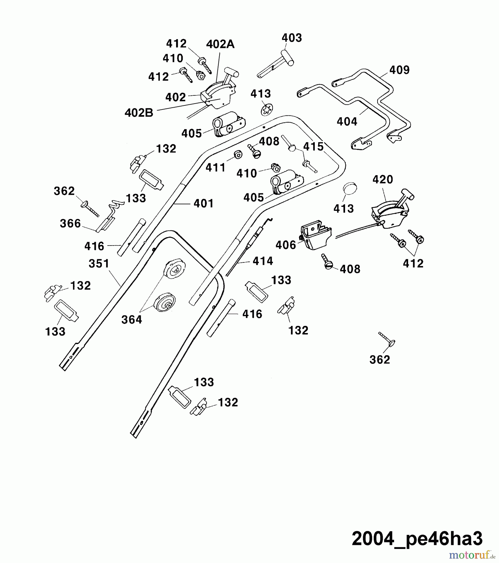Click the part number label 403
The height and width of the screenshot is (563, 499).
[292, 38]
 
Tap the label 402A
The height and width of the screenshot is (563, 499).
[220, 44]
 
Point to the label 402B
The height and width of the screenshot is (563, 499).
[139, 113]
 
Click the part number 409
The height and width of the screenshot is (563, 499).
[399, 70]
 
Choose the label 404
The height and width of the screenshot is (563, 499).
[347, 121]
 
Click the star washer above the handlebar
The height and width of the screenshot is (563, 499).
[267, 109]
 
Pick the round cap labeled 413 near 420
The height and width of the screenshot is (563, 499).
[350, 189]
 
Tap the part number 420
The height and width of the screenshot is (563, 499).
[383, 180]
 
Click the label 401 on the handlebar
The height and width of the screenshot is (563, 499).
[204, 204]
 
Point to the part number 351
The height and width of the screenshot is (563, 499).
[99, 264]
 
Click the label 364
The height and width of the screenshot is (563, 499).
[131, 320]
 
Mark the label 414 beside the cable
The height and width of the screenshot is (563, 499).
[263, 261]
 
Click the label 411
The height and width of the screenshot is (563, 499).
[215, 168]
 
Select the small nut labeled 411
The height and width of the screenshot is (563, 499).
[238, 154]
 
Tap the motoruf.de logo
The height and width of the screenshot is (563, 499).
[472, 555]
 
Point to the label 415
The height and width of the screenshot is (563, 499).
[314, 147]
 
